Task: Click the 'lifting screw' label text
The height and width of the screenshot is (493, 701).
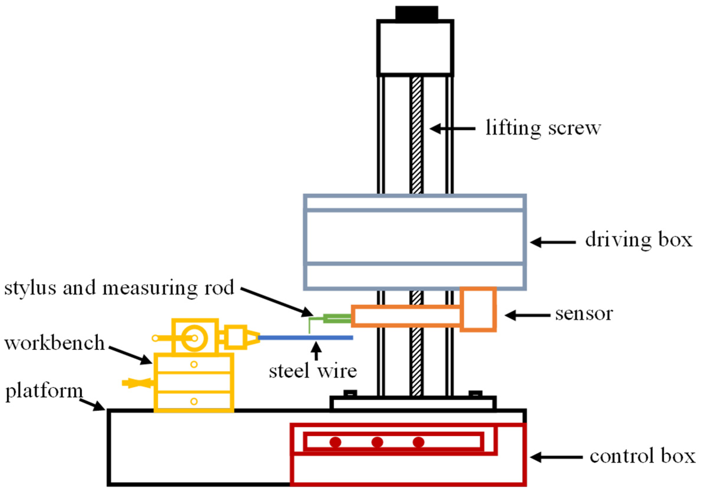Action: (543, 128)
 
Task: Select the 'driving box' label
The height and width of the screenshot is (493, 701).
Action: (638, 240)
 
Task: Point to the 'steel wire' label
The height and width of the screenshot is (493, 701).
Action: (313, 371)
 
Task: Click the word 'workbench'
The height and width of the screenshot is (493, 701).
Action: (54, 343)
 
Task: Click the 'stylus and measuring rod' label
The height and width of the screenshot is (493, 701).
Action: (119, 288)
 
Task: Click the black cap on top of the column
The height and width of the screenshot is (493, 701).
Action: (416, 14)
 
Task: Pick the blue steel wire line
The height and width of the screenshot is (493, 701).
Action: (305, 338)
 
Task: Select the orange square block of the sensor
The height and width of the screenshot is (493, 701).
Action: (478, 309)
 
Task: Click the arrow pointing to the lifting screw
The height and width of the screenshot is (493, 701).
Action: (452, 129)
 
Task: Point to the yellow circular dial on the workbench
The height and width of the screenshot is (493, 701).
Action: (195, 338)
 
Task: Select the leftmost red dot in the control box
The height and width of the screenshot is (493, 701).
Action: (335, 442)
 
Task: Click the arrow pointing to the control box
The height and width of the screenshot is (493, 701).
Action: (556, 457)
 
